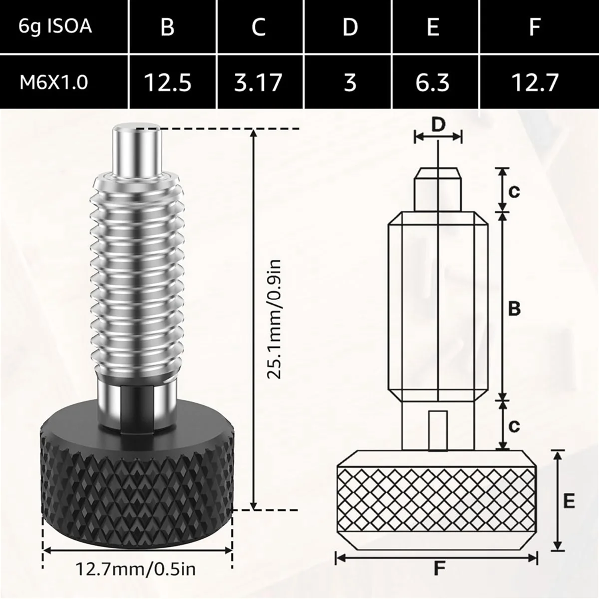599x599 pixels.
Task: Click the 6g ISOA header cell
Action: pyautogui.click(x=55, y=26)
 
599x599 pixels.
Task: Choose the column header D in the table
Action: pyautogui.click(x=350, y=26)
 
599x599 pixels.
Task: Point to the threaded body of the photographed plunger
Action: pyautogui.click(x=137, y=275)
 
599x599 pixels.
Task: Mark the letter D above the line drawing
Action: pyautogui.click(x=438, y=125)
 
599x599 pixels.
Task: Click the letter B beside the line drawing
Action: pyautogui.click(x=514, y=309)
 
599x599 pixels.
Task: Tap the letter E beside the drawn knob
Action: pyautogui.click(x=569, y=500)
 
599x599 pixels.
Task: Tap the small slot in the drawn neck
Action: pyautogui.click(x=437, y=430)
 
